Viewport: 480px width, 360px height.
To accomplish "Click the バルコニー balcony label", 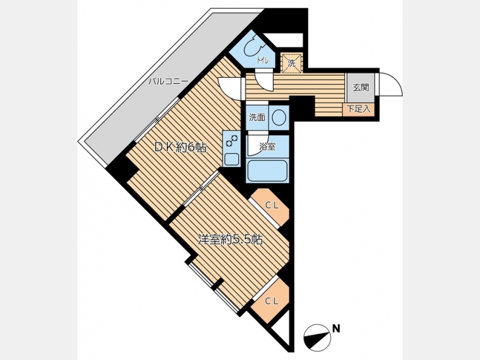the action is (168, 82).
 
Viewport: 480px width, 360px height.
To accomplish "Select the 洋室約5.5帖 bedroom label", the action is (230, 239).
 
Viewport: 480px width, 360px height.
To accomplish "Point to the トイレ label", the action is (262, 61).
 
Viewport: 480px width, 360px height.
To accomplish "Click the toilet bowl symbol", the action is (253, 47).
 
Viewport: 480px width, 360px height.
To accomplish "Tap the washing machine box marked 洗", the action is (292, 63).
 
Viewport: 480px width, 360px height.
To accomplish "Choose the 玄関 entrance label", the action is (361, 87).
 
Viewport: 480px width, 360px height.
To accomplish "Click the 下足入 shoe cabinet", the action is (358, 109).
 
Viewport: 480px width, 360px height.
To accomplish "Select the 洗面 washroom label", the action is (257, 117).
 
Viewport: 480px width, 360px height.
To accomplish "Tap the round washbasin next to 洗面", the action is (279, 117).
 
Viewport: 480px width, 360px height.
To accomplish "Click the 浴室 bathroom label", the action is (267, 147).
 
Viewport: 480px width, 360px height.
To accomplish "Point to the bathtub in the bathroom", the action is (268, 171).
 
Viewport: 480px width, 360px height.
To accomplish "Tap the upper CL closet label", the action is (272, 206).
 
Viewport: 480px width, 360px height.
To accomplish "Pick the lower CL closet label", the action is (272, 301).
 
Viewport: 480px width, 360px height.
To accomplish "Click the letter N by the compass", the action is (336, 329).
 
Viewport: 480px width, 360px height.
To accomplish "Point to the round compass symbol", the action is (318, 338).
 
